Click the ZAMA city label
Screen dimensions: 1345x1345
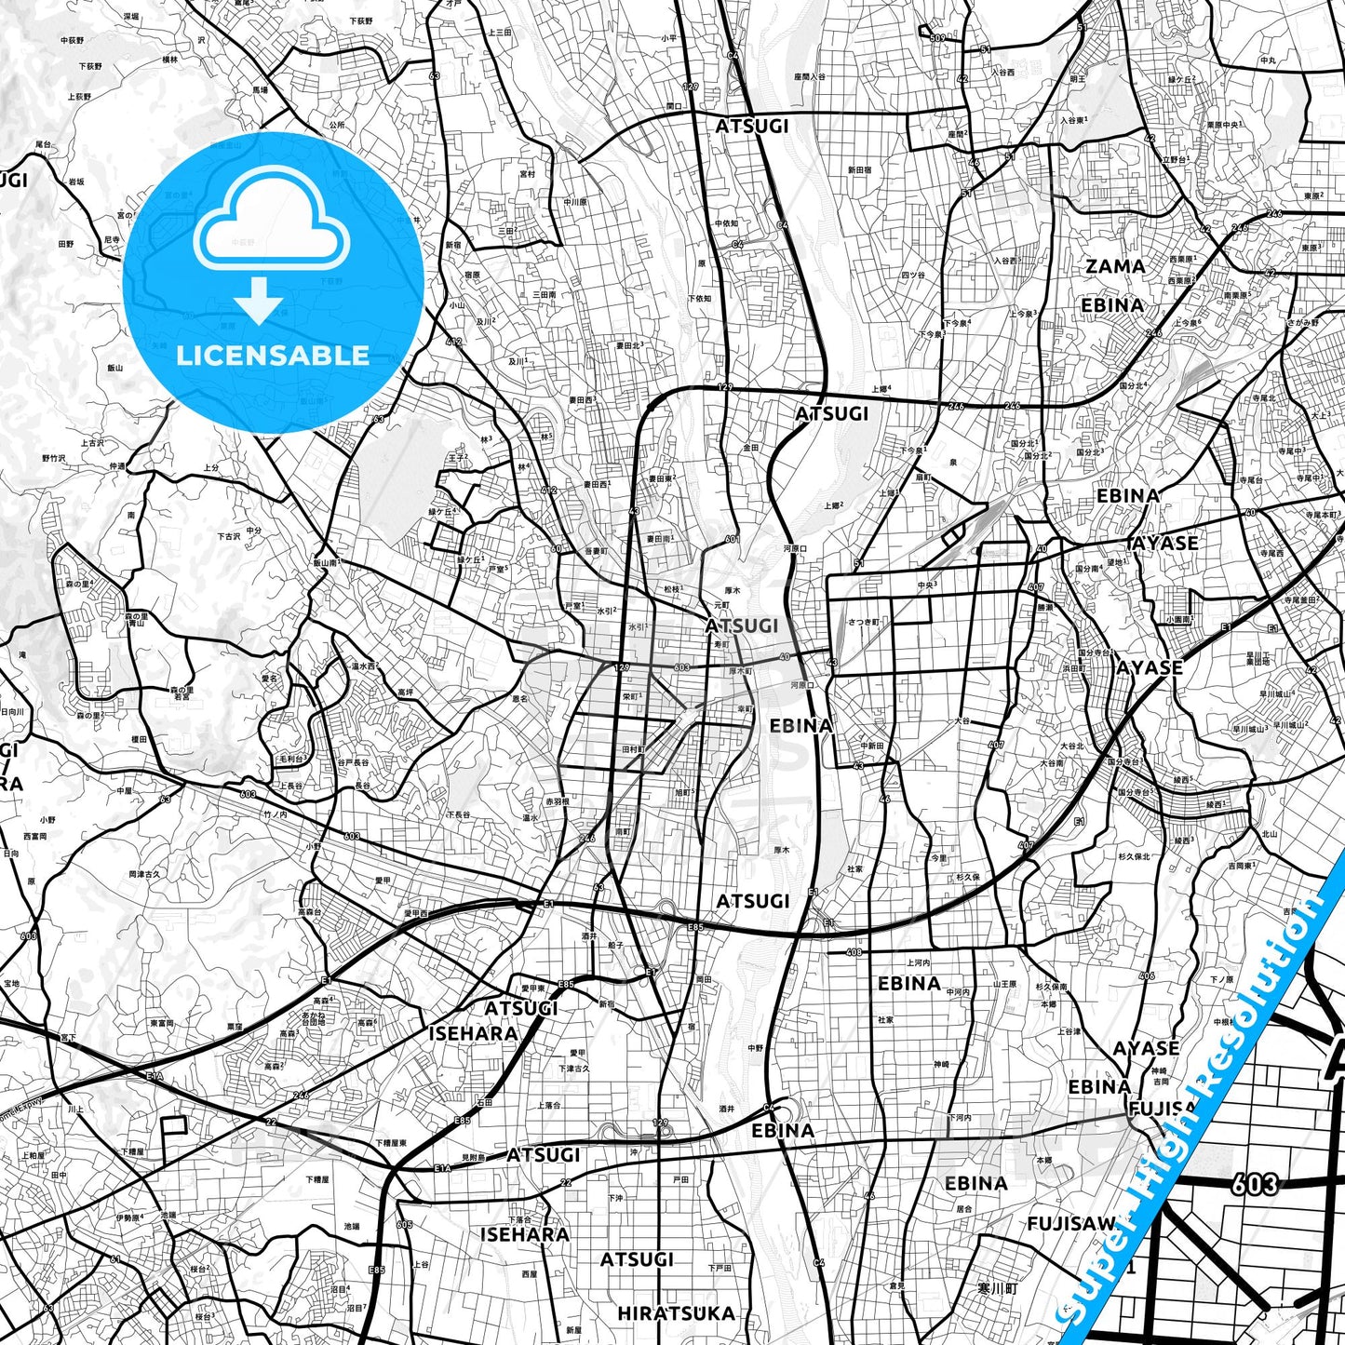click(x=1115, y=266)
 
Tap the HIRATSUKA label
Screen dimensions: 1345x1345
click(x=676, y=1313)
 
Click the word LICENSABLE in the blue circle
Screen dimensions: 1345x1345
click(x=273, y=355)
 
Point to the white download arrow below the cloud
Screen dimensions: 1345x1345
click(x=258, y=299)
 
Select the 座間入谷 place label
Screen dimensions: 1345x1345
click(x=810, y=77)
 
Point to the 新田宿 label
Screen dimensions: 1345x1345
click(x=858, y=170)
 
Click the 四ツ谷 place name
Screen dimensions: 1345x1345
click(x=912, y=276)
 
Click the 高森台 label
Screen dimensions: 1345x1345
click(x=309, y=912)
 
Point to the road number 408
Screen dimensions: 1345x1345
click(x=854, y=952)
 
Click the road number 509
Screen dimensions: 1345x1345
click(x=936, y=38)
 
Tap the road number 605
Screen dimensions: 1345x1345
click(x=404, y=1224)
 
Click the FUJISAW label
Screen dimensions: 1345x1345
click(x=1070, y=1223)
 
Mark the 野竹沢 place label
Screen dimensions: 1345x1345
click(x=54, y=458)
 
